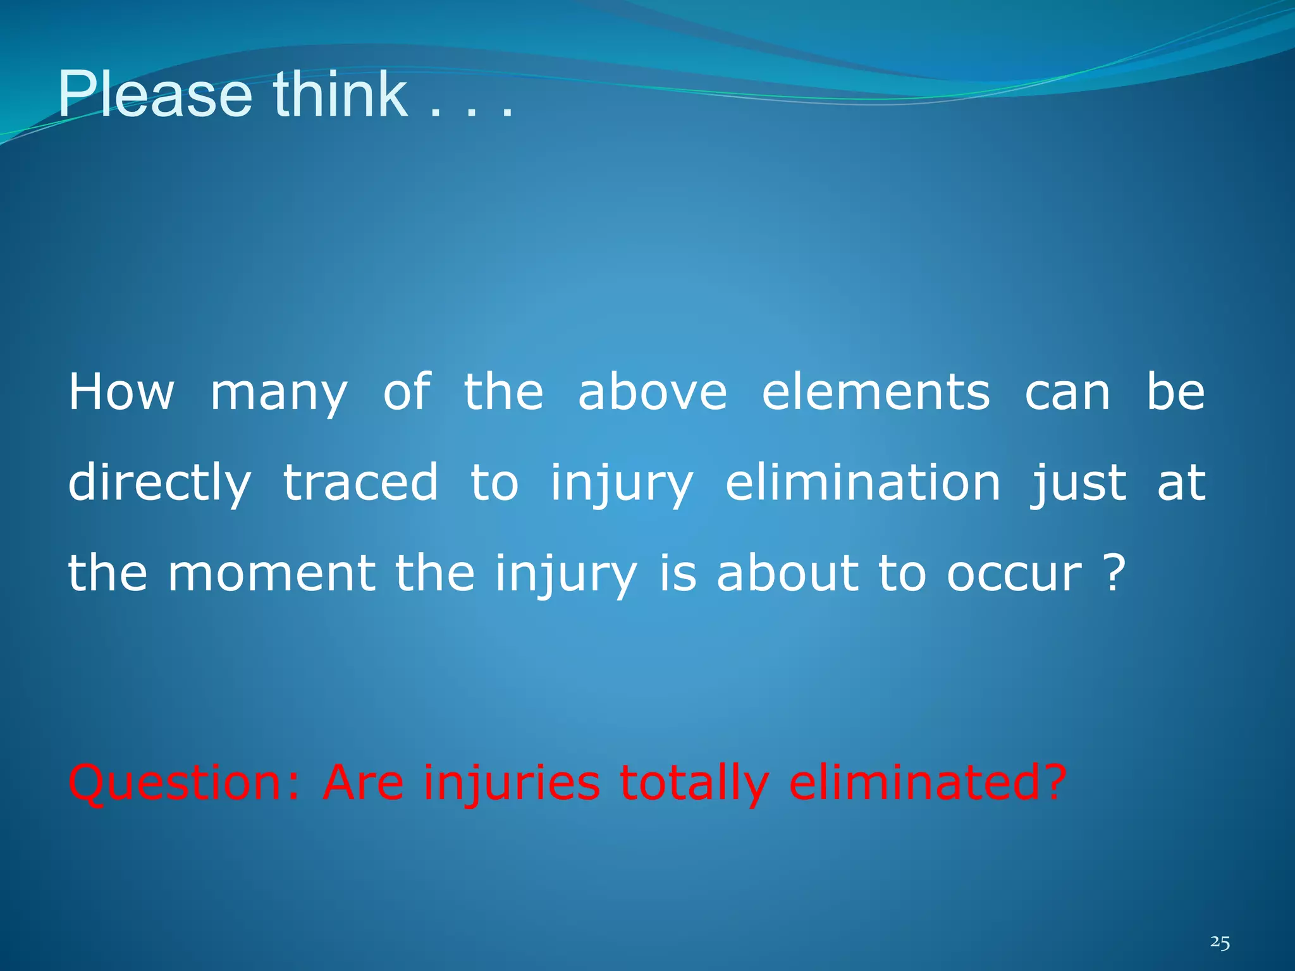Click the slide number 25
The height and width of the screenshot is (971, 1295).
tap(1220, 943)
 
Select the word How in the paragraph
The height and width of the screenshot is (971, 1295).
tap(121, 392)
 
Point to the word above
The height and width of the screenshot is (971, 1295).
tap(653, 392)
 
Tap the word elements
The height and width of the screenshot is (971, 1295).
tap(876, 392)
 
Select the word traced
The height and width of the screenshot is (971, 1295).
tap(360, 482)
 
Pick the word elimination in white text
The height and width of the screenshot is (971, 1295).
tap(863, 482)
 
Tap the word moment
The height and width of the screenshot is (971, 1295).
tap(272, 573)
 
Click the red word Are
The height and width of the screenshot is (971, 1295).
tap(363, 782)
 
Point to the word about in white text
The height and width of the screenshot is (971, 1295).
tap(787, 573)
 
